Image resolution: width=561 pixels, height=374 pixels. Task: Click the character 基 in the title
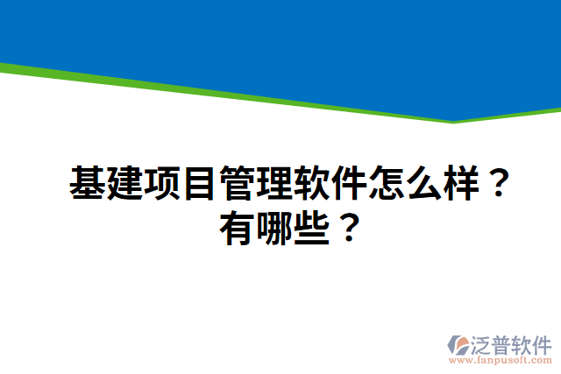click(x=87, y=184)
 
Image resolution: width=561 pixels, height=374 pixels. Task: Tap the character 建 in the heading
click(x=124, y=184)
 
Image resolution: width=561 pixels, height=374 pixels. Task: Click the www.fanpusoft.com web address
click(x=501, y=360)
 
